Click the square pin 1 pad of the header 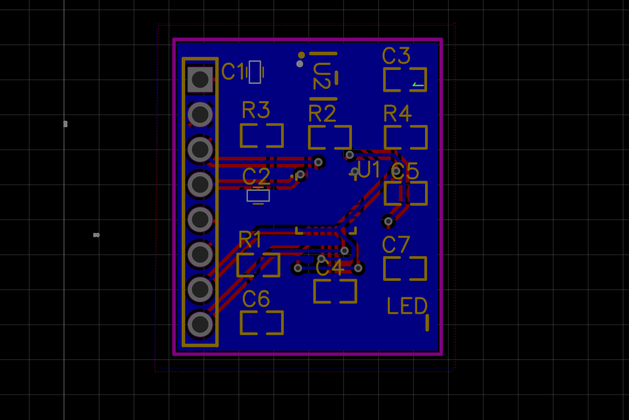tap(200, 80)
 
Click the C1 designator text tap(233, 72)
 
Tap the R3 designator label tap(256, 110)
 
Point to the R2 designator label tap(322, 113)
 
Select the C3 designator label tap(396, 55)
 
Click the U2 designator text tap(321, 76)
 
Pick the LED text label tap(407, 306)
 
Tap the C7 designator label tap(396, 245)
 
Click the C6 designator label tap(256, 299)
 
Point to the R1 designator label tap(250, 240)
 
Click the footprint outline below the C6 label tap(261, 323)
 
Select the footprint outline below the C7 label tap(405, 269)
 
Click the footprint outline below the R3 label tap(261, 135)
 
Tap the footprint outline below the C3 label tap(405, 79)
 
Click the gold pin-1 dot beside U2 tap(301, 55)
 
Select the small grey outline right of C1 tap(255, 72)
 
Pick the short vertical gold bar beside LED tap(427, 323)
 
